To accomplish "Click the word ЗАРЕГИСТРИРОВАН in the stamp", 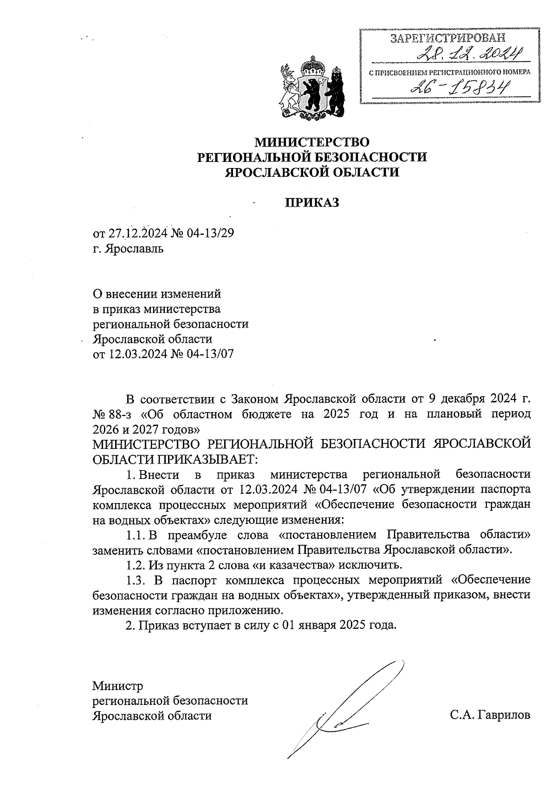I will point(447,39).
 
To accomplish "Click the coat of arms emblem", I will point(311,88).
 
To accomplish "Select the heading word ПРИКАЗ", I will point(312,203).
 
